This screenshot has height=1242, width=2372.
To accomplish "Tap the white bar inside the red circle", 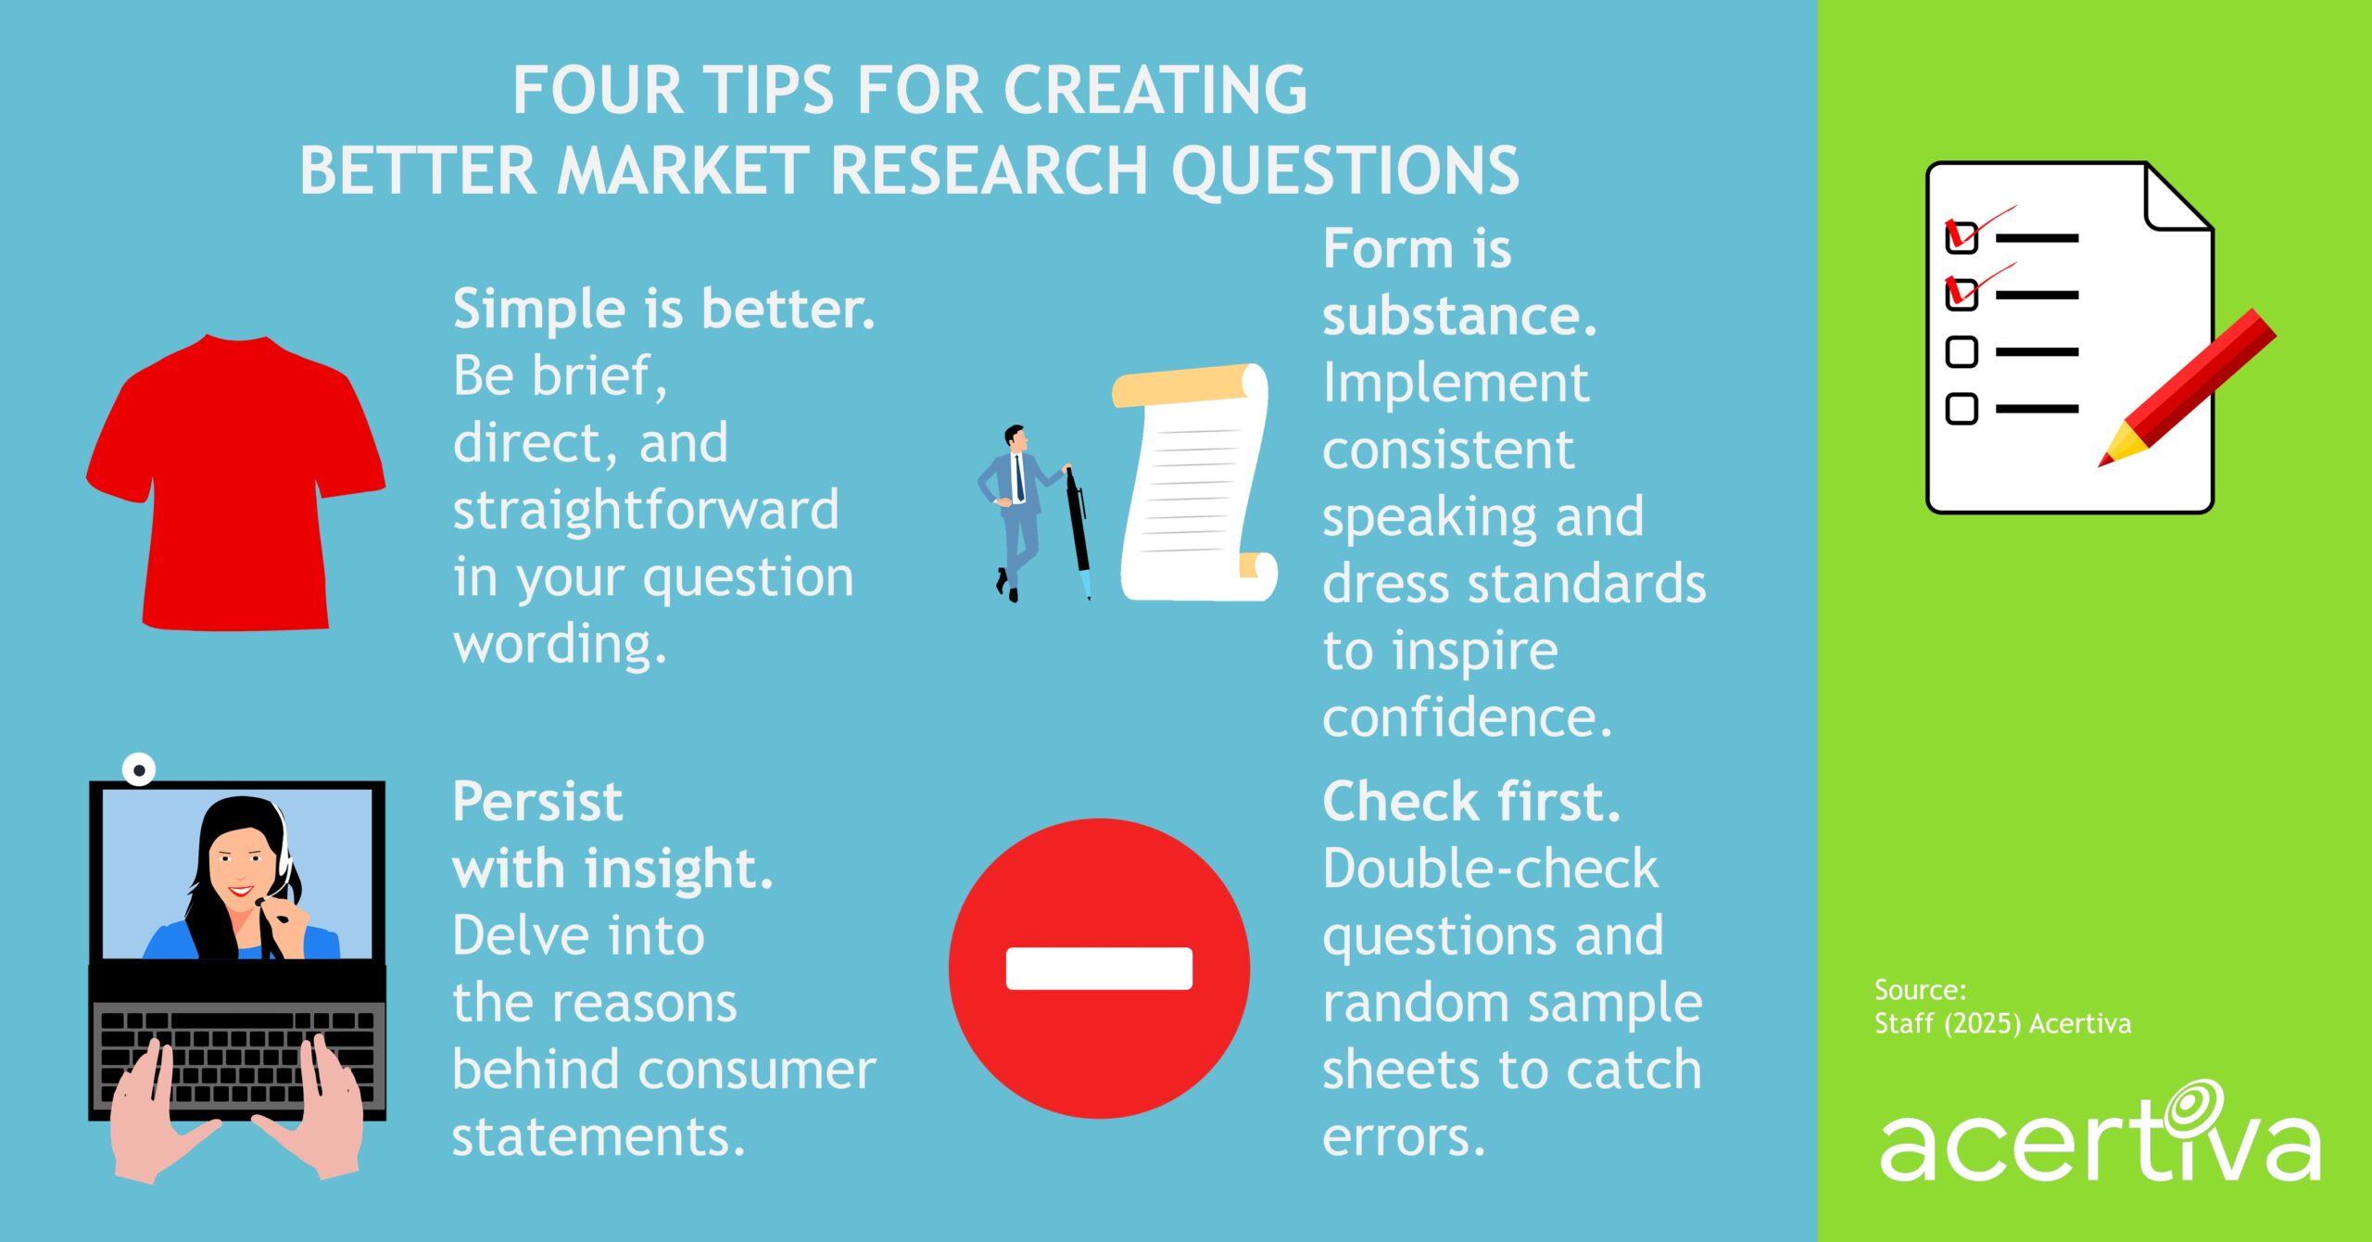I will [x=1099, y=969].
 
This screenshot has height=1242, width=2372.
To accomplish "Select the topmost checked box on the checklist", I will [x=1961, y=237].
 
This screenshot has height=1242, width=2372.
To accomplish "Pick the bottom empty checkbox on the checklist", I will [x=1961, y=409].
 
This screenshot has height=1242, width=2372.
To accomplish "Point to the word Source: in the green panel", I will [x=1920, y=990].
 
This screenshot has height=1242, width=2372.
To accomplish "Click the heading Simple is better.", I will [x=663, y=309].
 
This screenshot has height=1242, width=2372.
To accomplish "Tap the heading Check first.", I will [x=1470, y=802].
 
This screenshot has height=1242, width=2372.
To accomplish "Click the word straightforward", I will [x=646, y=510].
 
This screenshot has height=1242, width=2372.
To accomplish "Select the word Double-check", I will [x=1490, y=869].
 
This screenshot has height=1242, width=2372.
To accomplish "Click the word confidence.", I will [x=1467, y=718].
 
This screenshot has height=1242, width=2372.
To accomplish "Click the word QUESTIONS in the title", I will [x=1345, y=171].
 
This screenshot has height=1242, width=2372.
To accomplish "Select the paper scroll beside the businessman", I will [x=1195, y=482].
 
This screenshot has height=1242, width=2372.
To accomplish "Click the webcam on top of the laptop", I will [x=139, y=769].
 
